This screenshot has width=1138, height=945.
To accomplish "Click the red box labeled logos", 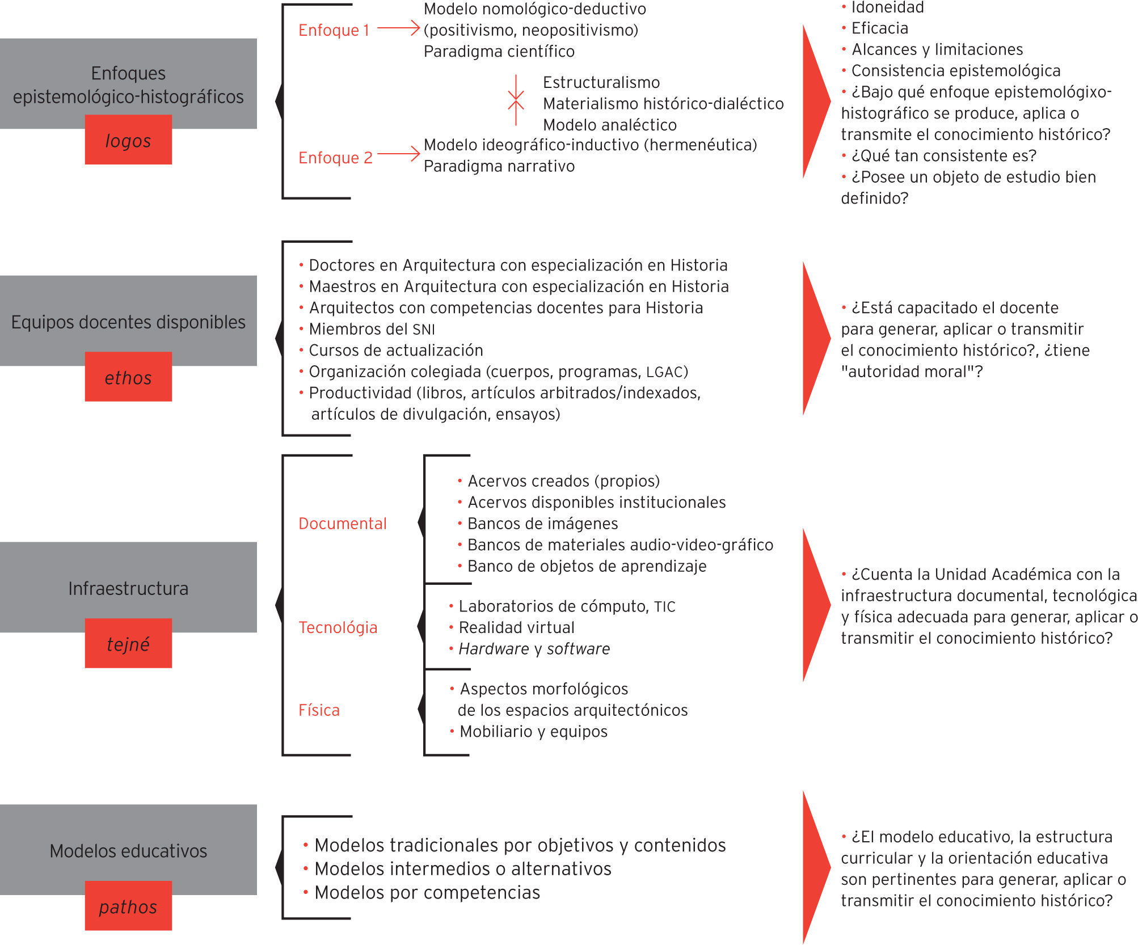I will [128, 140].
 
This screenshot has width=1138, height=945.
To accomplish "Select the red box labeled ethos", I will [128, 377].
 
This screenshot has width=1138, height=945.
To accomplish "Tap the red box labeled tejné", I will [128, 643].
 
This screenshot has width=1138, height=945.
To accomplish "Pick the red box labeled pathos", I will [128, 906].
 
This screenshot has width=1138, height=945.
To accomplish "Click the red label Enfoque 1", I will [334, 30].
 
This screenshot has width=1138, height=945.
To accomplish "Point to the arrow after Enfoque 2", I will [398, 154].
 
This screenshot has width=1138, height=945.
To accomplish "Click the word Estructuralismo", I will [601, 82].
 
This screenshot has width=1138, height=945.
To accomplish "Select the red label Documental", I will [342, 523].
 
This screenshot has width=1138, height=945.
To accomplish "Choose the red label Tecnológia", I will [338, 627].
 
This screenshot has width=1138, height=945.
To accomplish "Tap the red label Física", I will [319, 710].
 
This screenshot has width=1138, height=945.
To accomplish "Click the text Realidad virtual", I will [516, 627].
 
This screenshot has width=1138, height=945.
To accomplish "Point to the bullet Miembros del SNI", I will [372, 329].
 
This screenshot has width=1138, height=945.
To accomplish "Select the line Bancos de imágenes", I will [542, 523].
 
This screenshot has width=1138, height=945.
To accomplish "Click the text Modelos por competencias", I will [427, 892].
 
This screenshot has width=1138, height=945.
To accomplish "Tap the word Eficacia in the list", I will [879, 28].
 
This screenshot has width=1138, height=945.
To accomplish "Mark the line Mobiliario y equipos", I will [533, 731].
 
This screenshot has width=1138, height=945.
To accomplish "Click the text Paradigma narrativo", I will [499, 166].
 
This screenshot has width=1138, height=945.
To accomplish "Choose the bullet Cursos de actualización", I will [395, 350].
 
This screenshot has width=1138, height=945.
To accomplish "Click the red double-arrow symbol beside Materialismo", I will [516, 100].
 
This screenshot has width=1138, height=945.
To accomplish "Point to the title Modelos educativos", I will [128, 851].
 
